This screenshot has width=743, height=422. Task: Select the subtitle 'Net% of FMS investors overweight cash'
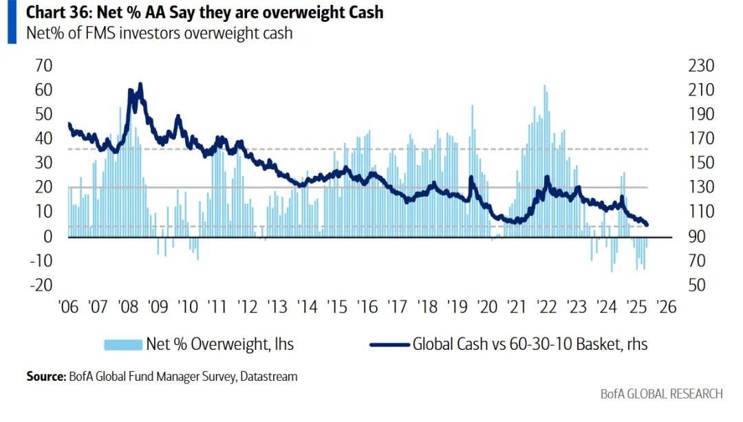tap(159, 33)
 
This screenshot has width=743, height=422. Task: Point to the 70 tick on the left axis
tap(43, 66)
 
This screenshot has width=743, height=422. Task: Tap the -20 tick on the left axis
tap(41, 285)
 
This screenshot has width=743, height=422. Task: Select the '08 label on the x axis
tap(128, 307)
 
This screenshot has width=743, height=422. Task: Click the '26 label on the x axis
tap(667, 307)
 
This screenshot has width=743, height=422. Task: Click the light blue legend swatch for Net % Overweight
tap(122, 344)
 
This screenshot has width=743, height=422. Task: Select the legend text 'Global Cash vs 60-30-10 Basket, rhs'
tap(530, 344)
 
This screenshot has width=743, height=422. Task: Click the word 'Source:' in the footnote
tap(45, 377)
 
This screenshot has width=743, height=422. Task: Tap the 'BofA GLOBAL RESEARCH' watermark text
tap(661, 394)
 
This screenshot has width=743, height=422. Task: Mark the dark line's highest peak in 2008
tap(140, 84)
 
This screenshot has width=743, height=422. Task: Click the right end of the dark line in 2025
tap(647, 225)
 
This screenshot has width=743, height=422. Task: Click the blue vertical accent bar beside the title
tap(12, 22)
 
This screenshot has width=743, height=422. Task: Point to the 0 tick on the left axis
tap(47, 236)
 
